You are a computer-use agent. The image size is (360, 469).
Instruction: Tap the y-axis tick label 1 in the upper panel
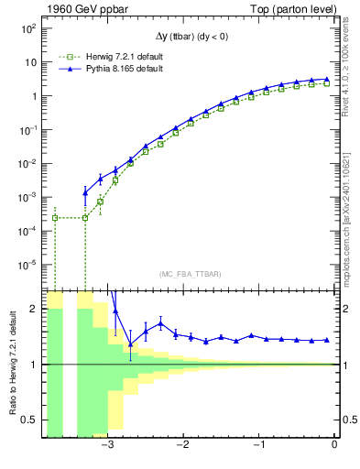pos(33,96)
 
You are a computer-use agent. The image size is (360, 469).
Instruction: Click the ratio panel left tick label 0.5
pos(27,420)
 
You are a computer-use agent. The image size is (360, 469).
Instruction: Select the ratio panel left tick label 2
pos(33,310)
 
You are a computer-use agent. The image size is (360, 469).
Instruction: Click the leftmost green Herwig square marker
pos(55,217)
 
